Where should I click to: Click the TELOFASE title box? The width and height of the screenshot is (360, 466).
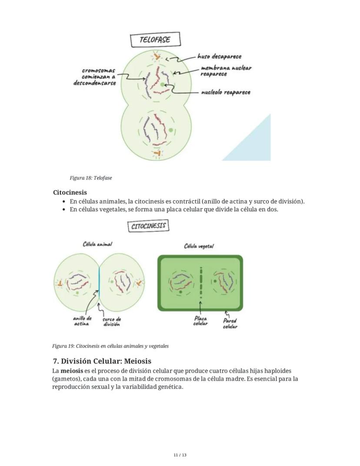(155, 40)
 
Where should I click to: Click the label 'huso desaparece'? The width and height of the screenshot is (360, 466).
(219, 57)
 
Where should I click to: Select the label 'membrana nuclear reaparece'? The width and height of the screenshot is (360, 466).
(226, 71)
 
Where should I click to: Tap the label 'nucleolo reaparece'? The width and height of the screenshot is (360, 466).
(225, 92)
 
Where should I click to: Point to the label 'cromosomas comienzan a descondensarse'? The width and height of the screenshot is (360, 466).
(98, 77)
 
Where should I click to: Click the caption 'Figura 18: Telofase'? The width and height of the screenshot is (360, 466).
(90, 178)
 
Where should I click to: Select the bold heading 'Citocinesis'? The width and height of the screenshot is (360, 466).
(70, 192)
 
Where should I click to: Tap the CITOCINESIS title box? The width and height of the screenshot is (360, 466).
(148, 226)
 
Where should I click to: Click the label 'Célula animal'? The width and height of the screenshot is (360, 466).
(97, 244)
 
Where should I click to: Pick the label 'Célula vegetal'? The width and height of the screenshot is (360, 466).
(199, 246)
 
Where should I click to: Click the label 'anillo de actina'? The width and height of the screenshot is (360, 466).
(82, 321)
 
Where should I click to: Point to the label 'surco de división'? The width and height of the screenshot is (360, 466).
(111, 322)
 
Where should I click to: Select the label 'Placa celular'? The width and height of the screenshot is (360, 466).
(200, 321)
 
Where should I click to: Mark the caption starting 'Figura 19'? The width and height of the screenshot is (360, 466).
(110, 346)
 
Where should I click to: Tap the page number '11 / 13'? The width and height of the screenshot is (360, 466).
(180, 455)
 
